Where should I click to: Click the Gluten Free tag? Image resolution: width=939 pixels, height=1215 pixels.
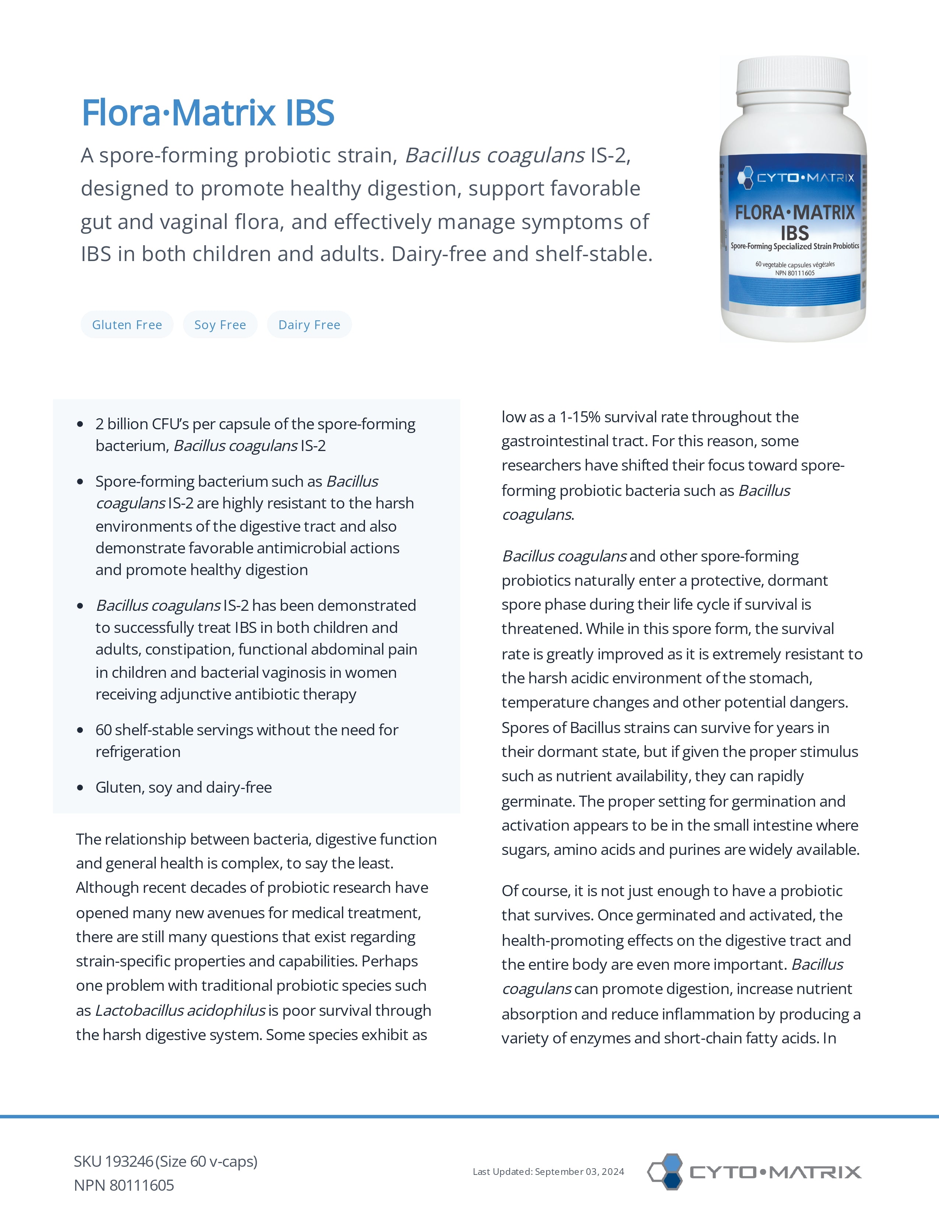click(127, 325)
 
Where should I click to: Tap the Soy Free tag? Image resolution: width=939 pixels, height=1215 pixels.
click(220, 325)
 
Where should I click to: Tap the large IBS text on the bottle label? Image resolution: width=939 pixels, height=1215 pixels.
click(794, 233)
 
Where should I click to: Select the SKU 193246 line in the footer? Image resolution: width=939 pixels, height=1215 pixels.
click(165, 1162)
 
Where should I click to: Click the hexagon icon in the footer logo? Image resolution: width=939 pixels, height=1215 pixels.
click(666, 1172)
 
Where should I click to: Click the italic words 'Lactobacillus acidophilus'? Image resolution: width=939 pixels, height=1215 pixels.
click(180, 1010)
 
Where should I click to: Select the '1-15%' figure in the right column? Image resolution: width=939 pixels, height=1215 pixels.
click(579, 417)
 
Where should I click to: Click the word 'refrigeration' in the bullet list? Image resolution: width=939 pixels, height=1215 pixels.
click(138, 752)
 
